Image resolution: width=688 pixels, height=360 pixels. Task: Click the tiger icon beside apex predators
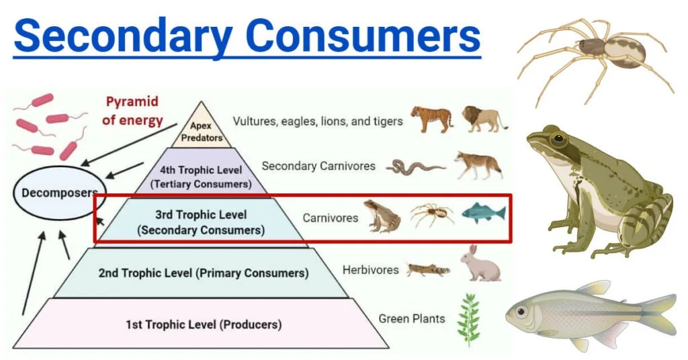point(432,119)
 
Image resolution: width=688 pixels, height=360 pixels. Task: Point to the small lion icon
point(484,119)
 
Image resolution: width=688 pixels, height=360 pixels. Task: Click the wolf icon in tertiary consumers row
point(478,165)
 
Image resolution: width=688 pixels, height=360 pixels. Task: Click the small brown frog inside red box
point(382,216)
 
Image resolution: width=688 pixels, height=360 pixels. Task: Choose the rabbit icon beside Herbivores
point(480,263)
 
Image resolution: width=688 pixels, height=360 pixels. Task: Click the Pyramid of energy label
point(133,111)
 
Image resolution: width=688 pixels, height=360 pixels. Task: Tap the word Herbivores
point(370,269)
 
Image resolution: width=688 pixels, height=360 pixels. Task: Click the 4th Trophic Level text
point(202,170)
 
